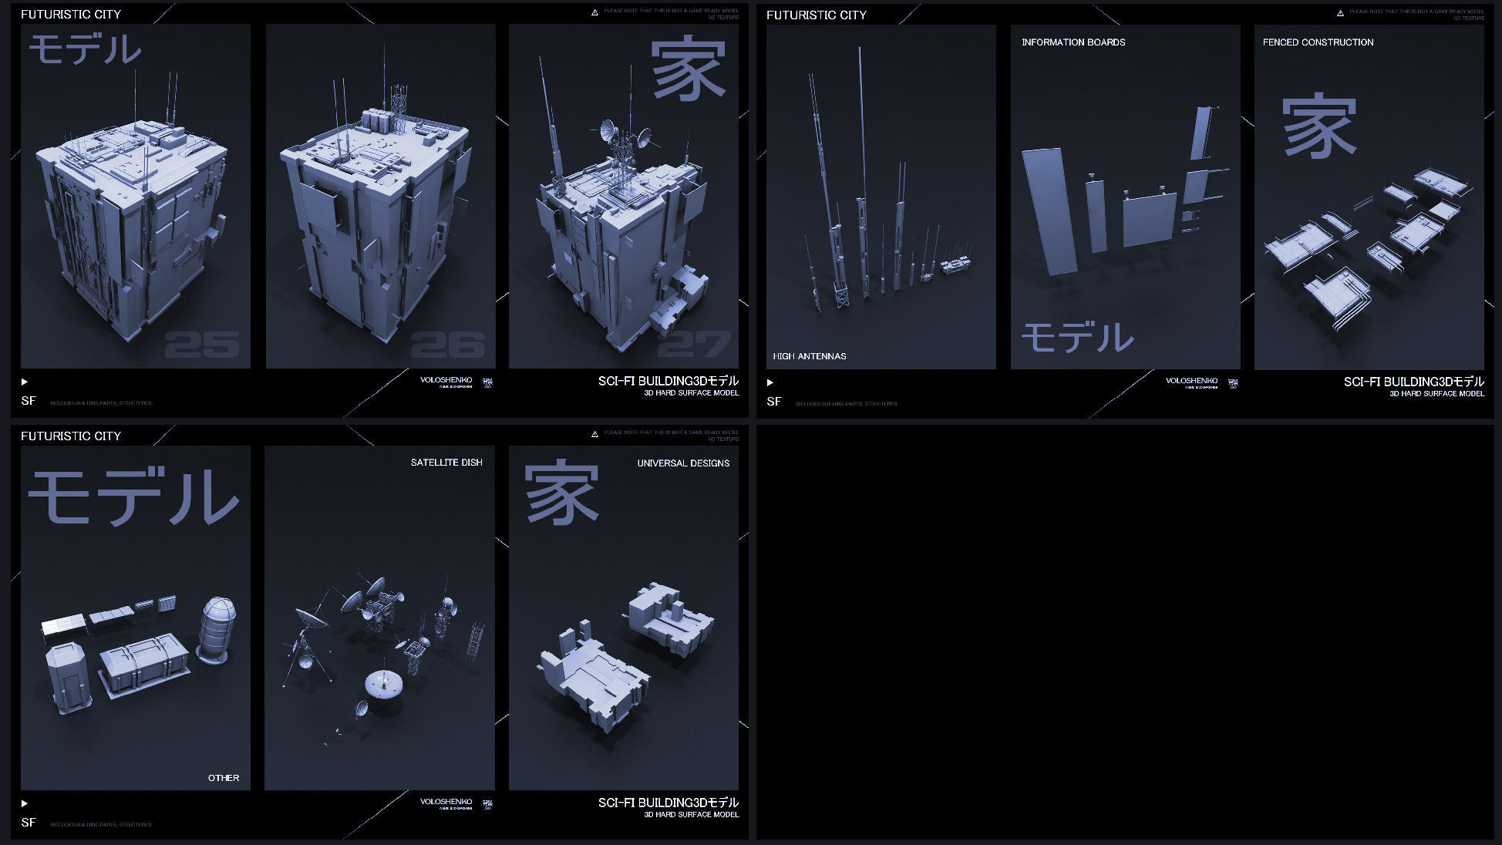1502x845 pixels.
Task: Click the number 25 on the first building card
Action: [x=202, y=345]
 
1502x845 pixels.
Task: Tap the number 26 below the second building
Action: [x=447, y=345]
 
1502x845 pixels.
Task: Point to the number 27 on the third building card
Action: [x=693, y=345]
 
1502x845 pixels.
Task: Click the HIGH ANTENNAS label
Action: [x=809, y=356]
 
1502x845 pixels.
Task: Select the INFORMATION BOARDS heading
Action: [x=1073, y=42]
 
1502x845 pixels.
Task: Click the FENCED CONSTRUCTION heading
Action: [x=1317, y=42]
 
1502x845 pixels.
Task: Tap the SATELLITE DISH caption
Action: [x=446, y=463]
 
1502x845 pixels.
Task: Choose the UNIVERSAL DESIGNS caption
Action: [x=682, y=463]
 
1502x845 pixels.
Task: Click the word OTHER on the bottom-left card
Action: [x=223, y=778]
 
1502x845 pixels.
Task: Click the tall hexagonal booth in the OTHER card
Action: [x=69, y=678]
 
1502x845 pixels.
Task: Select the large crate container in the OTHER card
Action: [x=144, y=664]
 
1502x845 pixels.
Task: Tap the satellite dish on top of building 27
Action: [x=608, y=130]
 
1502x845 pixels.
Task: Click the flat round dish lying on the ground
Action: [x=383, y=683]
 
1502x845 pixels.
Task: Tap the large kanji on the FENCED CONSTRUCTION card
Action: [x=1318, y=126]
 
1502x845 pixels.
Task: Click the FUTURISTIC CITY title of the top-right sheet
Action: [x=816, y=15]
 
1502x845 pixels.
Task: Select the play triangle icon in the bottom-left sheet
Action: [x=25, y=803]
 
